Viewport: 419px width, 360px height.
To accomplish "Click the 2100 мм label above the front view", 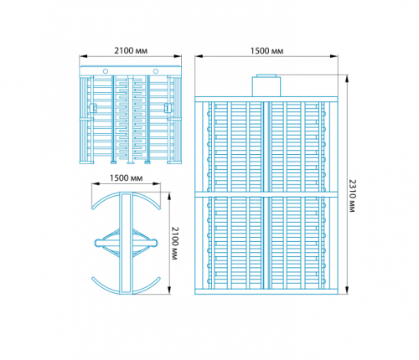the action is (x=131, y=51).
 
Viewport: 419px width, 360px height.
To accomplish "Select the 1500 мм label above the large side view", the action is (x=266, y=51).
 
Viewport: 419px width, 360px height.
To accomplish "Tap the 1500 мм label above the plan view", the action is (x=126, y=178).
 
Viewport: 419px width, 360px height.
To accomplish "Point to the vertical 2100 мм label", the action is (x=174, y=244).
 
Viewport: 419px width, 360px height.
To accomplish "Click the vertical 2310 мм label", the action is (x=353, y=196).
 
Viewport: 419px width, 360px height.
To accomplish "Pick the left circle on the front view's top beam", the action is (x=106, y=71).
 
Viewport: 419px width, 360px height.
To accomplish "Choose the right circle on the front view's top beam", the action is (x=156, y=71).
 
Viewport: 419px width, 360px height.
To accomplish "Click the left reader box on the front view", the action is (x=93, y=108).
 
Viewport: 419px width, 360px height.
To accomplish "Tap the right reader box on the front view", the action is (x=168, y=108).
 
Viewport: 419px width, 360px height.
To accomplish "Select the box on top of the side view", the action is (x=266, y=85).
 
